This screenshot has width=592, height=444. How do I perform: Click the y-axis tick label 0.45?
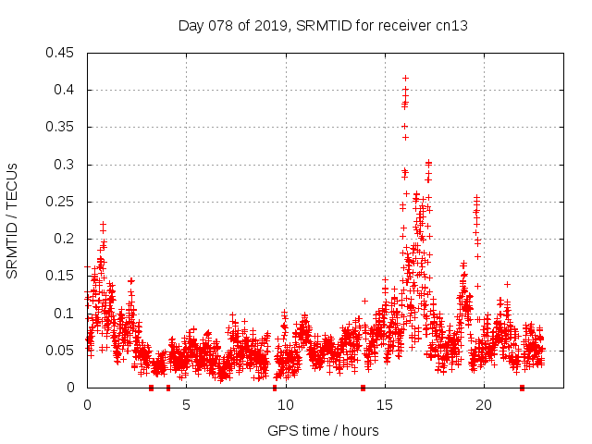click(x=61, y=53)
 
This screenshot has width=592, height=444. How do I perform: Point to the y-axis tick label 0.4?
click(x=65, y=90)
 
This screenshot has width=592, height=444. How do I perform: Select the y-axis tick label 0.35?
click(x=61, y=127)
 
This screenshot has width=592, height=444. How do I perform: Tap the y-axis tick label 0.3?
click(x=65, y=165)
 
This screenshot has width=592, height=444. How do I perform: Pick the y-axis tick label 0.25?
click(x=61, y=202)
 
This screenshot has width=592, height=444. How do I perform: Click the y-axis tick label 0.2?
click(x=65, y=239)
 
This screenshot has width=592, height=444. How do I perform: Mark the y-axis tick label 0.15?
click(x=61, y=276)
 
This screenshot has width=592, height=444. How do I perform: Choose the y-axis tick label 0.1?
click(x=65, y=313)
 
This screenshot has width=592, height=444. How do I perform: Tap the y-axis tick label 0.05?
click(x=61, y=351)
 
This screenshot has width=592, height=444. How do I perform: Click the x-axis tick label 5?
click(x=186, y=404)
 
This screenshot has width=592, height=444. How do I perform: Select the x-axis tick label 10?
click(x=285, y=404)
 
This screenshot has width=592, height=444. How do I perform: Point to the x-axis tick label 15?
click(x=384, y=404)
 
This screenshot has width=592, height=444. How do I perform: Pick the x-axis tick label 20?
click(x=483, y=404)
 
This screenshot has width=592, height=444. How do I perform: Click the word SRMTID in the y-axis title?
click(x=13, y=246)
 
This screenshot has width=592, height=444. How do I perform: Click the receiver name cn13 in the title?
click(x=452, y=25)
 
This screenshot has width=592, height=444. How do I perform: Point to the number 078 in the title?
click(x=222, y=25)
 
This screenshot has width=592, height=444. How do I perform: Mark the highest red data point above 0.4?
click(x=405, y=78)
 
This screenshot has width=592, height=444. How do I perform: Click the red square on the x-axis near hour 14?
click(x=363, y=388)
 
